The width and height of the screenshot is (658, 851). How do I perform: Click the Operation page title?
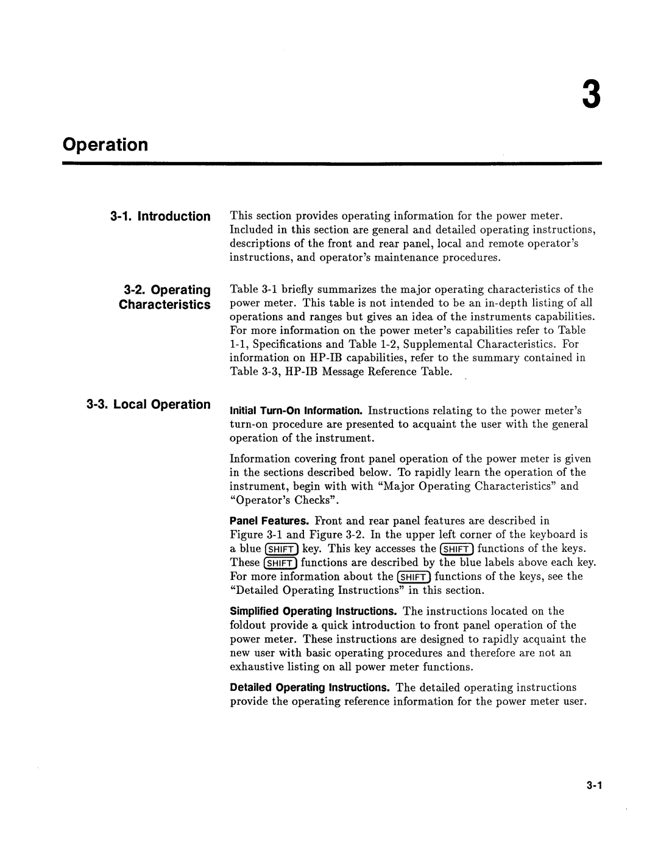105,145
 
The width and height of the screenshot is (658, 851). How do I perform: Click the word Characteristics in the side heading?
164,304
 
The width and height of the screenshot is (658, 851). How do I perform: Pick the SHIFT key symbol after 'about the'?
414,577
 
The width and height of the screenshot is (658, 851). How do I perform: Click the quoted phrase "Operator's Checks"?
284,500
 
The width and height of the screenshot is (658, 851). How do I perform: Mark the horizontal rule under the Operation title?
331,164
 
